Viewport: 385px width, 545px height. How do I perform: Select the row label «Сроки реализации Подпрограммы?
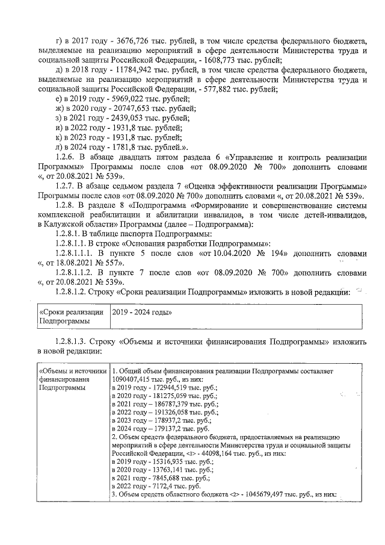tap(71, 317)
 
